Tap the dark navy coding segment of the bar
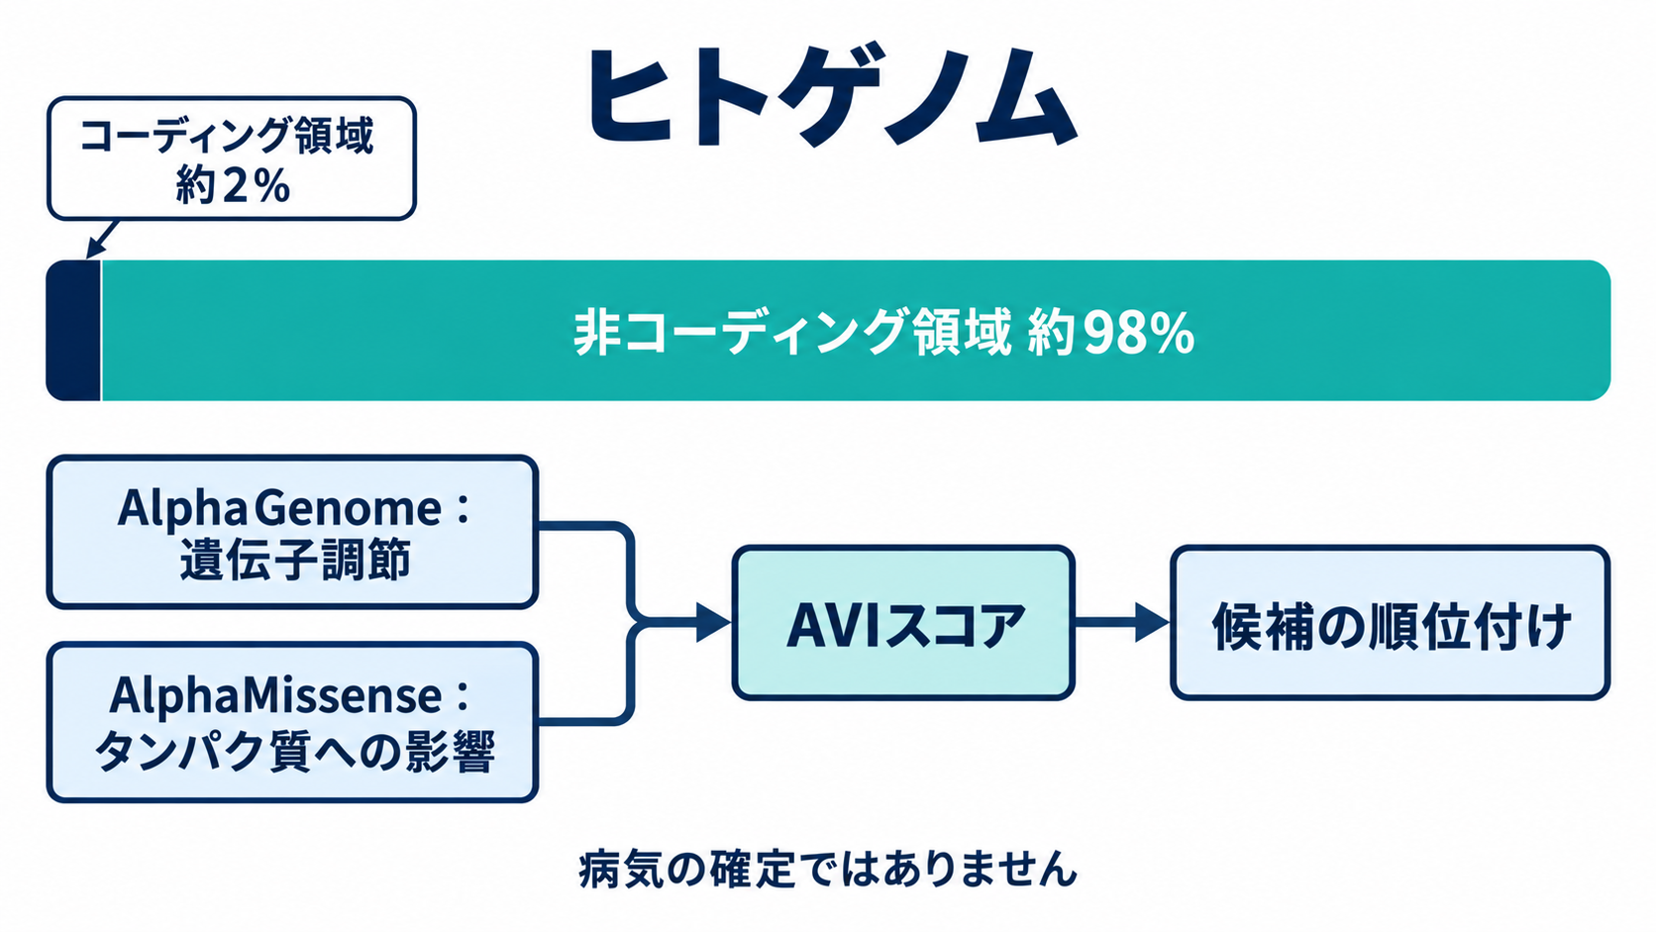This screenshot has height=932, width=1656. coord(73,331)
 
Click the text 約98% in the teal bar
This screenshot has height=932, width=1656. coord(1111,334)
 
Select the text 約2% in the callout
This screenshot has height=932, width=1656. coord(232,185)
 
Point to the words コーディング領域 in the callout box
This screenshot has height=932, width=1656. coord(228,136)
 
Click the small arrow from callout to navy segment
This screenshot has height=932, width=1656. coord(102,239)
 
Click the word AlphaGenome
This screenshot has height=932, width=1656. coord(279,508)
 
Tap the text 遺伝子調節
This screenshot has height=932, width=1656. coord(295,560)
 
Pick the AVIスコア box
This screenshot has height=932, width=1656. coord(903,623)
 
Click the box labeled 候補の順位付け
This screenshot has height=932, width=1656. coord(1390,623)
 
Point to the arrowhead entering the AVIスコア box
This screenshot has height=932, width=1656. coord(713,622)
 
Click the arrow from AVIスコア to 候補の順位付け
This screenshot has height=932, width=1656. coord(1122,622)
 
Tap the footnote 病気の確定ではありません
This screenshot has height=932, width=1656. coord(828,870)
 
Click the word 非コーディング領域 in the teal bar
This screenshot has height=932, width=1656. coord(792,334)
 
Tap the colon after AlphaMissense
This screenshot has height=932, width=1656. coord(463,696)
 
